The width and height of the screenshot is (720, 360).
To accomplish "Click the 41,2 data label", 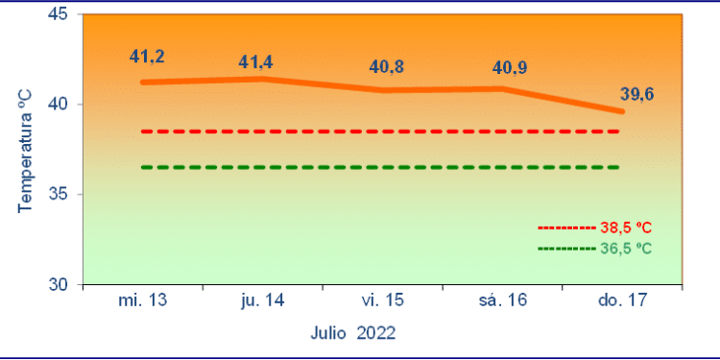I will (x=147, y=57).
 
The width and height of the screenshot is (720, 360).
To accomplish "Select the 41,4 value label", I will (x=256, y=62).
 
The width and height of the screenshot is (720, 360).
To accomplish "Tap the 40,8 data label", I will (x=387, y=68).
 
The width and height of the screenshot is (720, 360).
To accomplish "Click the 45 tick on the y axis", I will (x=59, y=14).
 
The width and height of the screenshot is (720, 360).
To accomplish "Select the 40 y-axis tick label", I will (x=59, y=105).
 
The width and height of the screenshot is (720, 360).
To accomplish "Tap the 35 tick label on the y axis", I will (x=59, y=195).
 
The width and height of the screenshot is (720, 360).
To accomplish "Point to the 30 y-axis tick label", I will (x=59, y=285).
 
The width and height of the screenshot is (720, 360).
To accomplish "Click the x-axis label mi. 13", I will (x=143, y=300).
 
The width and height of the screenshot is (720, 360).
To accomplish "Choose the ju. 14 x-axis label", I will (x=263, y=300).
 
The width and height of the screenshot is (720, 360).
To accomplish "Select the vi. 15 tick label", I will (x=383, y=300).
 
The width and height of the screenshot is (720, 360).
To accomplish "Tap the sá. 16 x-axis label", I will (x=503, y=300).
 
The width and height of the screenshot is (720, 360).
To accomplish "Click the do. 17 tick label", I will (x=623, y=300).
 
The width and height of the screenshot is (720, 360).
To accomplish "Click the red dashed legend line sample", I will (x=566, y=228).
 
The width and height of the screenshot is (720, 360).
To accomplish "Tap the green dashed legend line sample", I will (x=566, y=248).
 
